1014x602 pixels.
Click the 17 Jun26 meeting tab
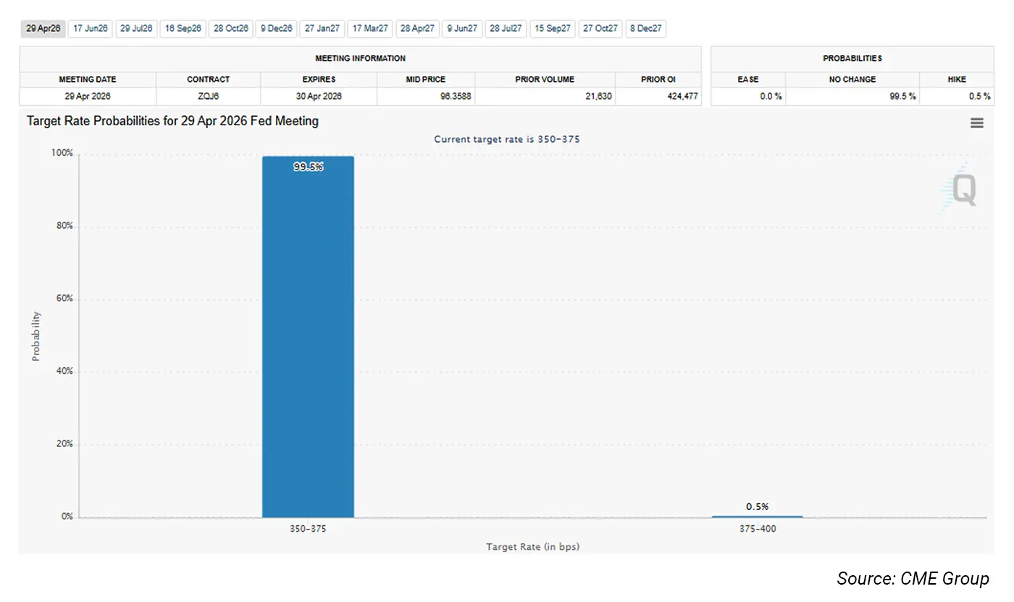(91, 29)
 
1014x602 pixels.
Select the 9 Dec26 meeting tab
(276, 29)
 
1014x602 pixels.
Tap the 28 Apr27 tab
(417, 29)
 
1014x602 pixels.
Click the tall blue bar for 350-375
(308, 337)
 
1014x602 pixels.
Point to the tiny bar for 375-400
(757, 517)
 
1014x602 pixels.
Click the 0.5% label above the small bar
(757, 506)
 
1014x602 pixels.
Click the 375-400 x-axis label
(757, 529)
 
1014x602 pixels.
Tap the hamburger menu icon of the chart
(977, 123)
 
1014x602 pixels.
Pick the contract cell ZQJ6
(208, 96)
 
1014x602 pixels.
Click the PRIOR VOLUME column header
(545, 79)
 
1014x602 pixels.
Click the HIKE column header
(956, 79)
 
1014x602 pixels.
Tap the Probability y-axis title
(36, 336)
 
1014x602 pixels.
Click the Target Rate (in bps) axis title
(532, 547)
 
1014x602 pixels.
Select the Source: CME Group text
(913, 578)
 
